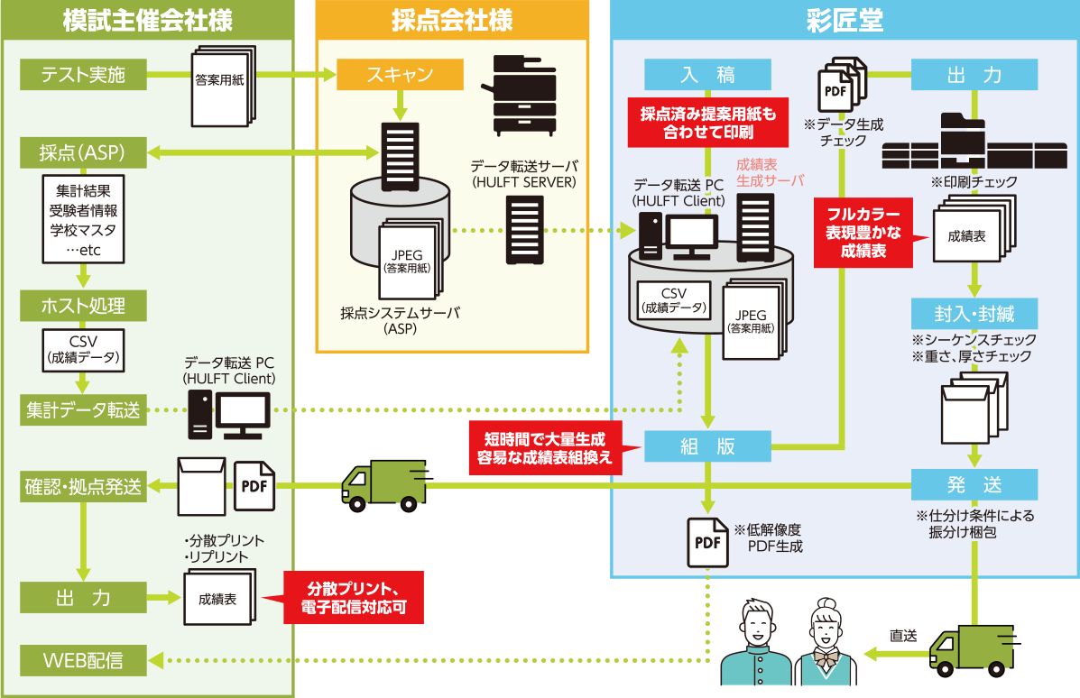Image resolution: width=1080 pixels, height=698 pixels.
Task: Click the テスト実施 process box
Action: click(83, 75)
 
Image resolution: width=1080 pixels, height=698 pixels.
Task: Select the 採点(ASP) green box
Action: click(83, 152)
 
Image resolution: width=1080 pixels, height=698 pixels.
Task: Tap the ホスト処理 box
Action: click(83, 306)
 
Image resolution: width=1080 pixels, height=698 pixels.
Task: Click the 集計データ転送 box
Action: click(83, 411)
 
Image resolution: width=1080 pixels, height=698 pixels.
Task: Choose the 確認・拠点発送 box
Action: click(83, 488)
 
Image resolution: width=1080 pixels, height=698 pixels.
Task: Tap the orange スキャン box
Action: click(400, 75)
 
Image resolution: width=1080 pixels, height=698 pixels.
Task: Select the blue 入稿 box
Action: click(707, 75)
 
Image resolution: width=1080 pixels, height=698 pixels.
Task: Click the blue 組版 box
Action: click(707, 446)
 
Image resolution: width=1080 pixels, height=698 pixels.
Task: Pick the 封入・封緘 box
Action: click(974, 314)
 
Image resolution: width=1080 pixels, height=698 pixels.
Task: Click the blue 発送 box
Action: click(974, 484)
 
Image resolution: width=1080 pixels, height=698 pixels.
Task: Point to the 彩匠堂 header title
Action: click(845, 20)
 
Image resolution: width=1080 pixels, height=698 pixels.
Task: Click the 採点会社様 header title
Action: click(451, 20)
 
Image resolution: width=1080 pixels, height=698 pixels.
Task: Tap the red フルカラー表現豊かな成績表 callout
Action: click(864, 233)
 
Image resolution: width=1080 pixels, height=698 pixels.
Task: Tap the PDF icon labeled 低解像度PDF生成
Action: click(707, 542)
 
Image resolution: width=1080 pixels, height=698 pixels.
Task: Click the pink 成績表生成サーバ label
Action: click(769, 173)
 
